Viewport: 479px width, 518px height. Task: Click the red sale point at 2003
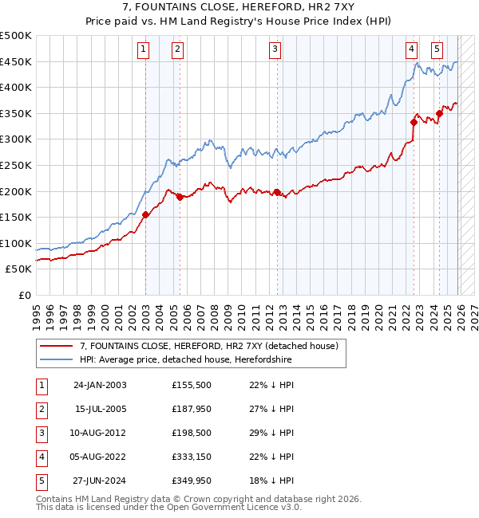pyautogui.click(x=145, y=214)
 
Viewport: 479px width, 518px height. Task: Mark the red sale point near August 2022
pyautogui.click(x=414, y=122)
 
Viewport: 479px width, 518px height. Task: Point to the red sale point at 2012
pyautogui.click(x=277, y=192)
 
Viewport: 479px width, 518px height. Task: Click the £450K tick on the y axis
pyautogui.click(x=16, y=62)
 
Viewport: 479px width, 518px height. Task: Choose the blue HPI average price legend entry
pyautogui.click(x=185, y=359)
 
